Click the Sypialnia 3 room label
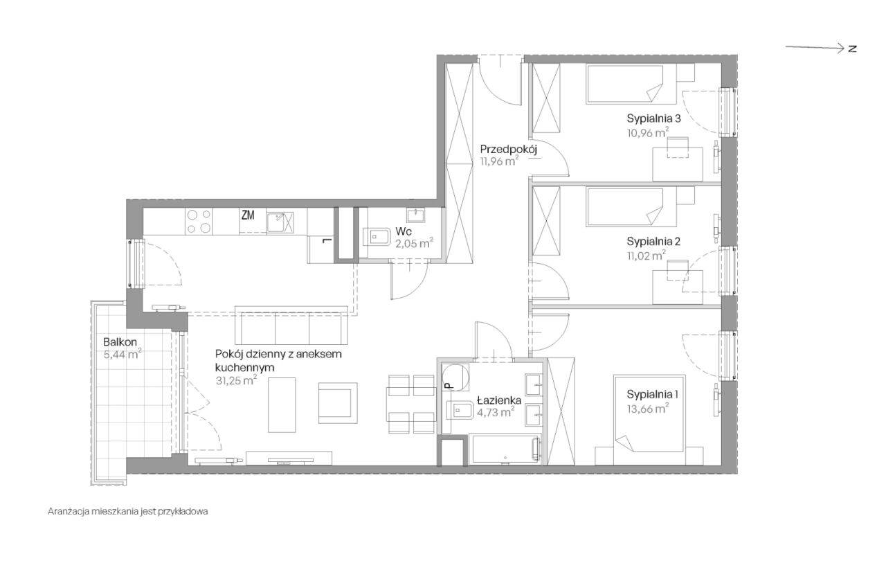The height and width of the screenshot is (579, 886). (653, 118)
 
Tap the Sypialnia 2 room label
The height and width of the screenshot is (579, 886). (653, 242)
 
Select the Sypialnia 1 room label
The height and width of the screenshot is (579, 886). (652, 394)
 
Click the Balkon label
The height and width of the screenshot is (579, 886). (120, 342)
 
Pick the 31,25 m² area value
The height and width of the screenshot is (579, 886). (236, 380)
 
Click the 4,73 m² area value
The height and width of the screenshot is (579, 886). (495, 412)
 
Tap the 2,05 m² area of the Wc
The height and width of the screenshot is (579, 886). (414, 243)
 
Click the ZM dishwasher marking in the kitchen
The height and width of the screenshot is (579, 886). (248, 215)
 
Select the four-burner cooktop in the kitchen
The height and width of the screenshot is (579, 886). (199, 221)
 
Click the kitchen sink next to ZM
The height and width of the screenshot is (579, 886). (280, 222)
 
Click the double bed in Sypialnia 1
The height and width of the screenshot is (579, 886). (649, 420)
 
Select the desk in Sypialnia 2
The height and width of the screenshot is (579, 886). (677, 287)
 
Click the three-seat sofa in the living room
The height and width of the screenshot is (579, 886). (291, 325)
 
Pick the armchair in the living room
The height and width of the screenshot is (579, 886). (338, 403)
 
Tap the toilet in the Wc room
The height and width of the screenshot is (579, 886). (377, 237)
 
